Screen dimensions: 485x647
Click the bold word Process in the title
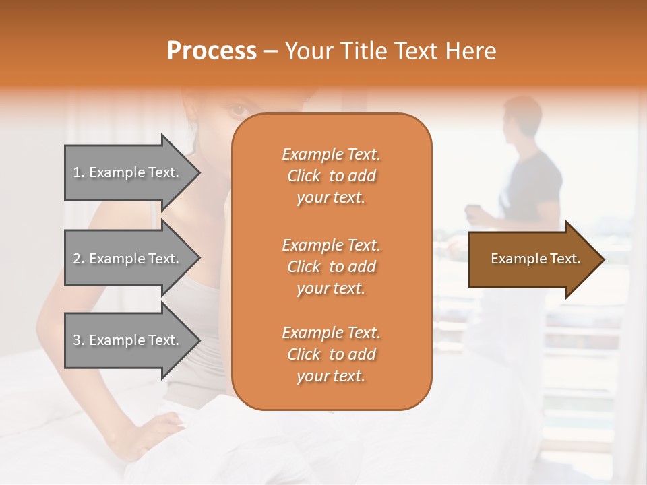point(212,51)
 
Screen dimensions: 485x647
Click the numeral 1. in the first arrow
point(79,172)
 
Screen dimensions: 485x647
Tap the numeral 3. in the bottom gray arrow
point(79,340)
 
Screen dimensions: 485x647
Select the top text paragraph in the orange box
point(331,176)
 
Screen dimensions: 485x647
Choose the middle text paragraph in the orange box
point(331,267)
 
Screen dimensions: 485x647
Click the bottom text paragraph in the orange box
point(331,354)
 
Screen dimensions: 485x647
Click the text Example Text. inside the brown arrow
point(535,259)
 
